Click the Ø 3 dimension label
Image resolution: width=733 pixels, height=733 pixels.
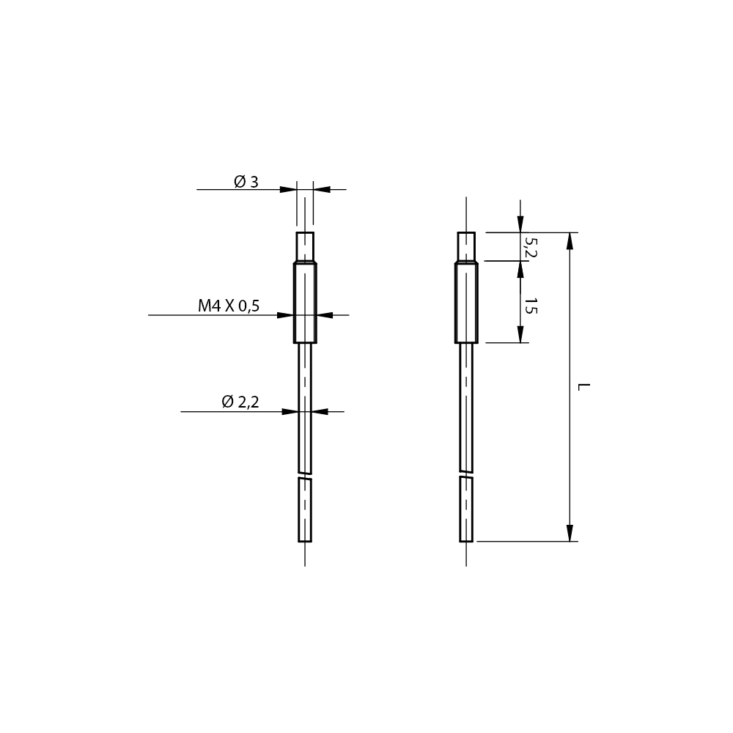246,181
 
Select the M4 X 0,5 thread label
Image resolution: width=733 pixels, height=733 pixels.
229,306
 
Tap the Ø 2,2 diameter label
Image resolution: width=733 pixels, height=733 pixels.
240,402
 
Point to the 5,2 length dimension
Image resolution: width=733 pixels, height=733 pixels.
531,247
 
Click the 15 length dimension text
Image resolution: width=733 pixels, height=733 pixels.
531,306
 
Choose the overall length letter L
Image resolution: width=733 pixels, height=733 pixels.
584,387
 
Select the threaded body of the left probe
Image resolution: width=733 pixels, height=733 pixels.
305,303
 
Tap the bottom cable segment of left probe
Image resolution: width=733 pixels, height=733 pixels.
305,509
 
